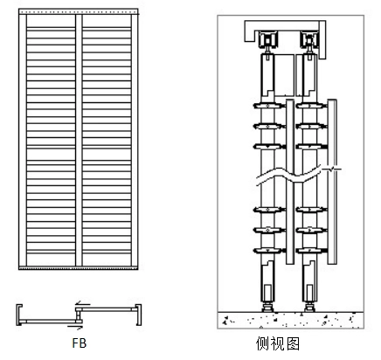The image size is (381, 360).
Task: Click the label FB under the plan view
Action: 80,343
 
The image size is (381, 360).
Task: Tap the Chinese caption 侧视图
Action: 278,343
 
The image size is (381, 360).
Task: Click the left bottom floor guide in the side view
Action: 267,308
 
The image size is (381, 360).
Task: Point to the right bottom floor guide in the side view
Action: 309,308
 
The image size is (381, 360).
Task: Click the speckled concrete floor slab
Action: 290,321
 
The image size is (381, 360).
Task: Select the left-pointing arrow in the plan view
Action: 83,304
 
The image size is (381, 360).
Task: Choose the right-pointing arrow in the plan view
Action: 75,327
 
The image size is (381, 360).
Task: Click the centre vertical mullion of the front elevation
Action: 79,140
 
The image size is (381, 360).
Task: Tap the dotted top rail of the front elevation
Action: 79,11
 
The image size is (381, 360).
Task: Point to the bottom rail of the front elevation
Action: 79,267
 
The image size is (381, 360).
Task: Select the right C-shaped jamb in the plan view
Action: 140,315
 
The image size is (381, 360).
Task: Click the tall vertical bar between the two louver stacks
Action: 290,182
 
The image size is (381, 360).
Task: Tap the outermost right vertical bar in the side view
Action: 332,182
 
